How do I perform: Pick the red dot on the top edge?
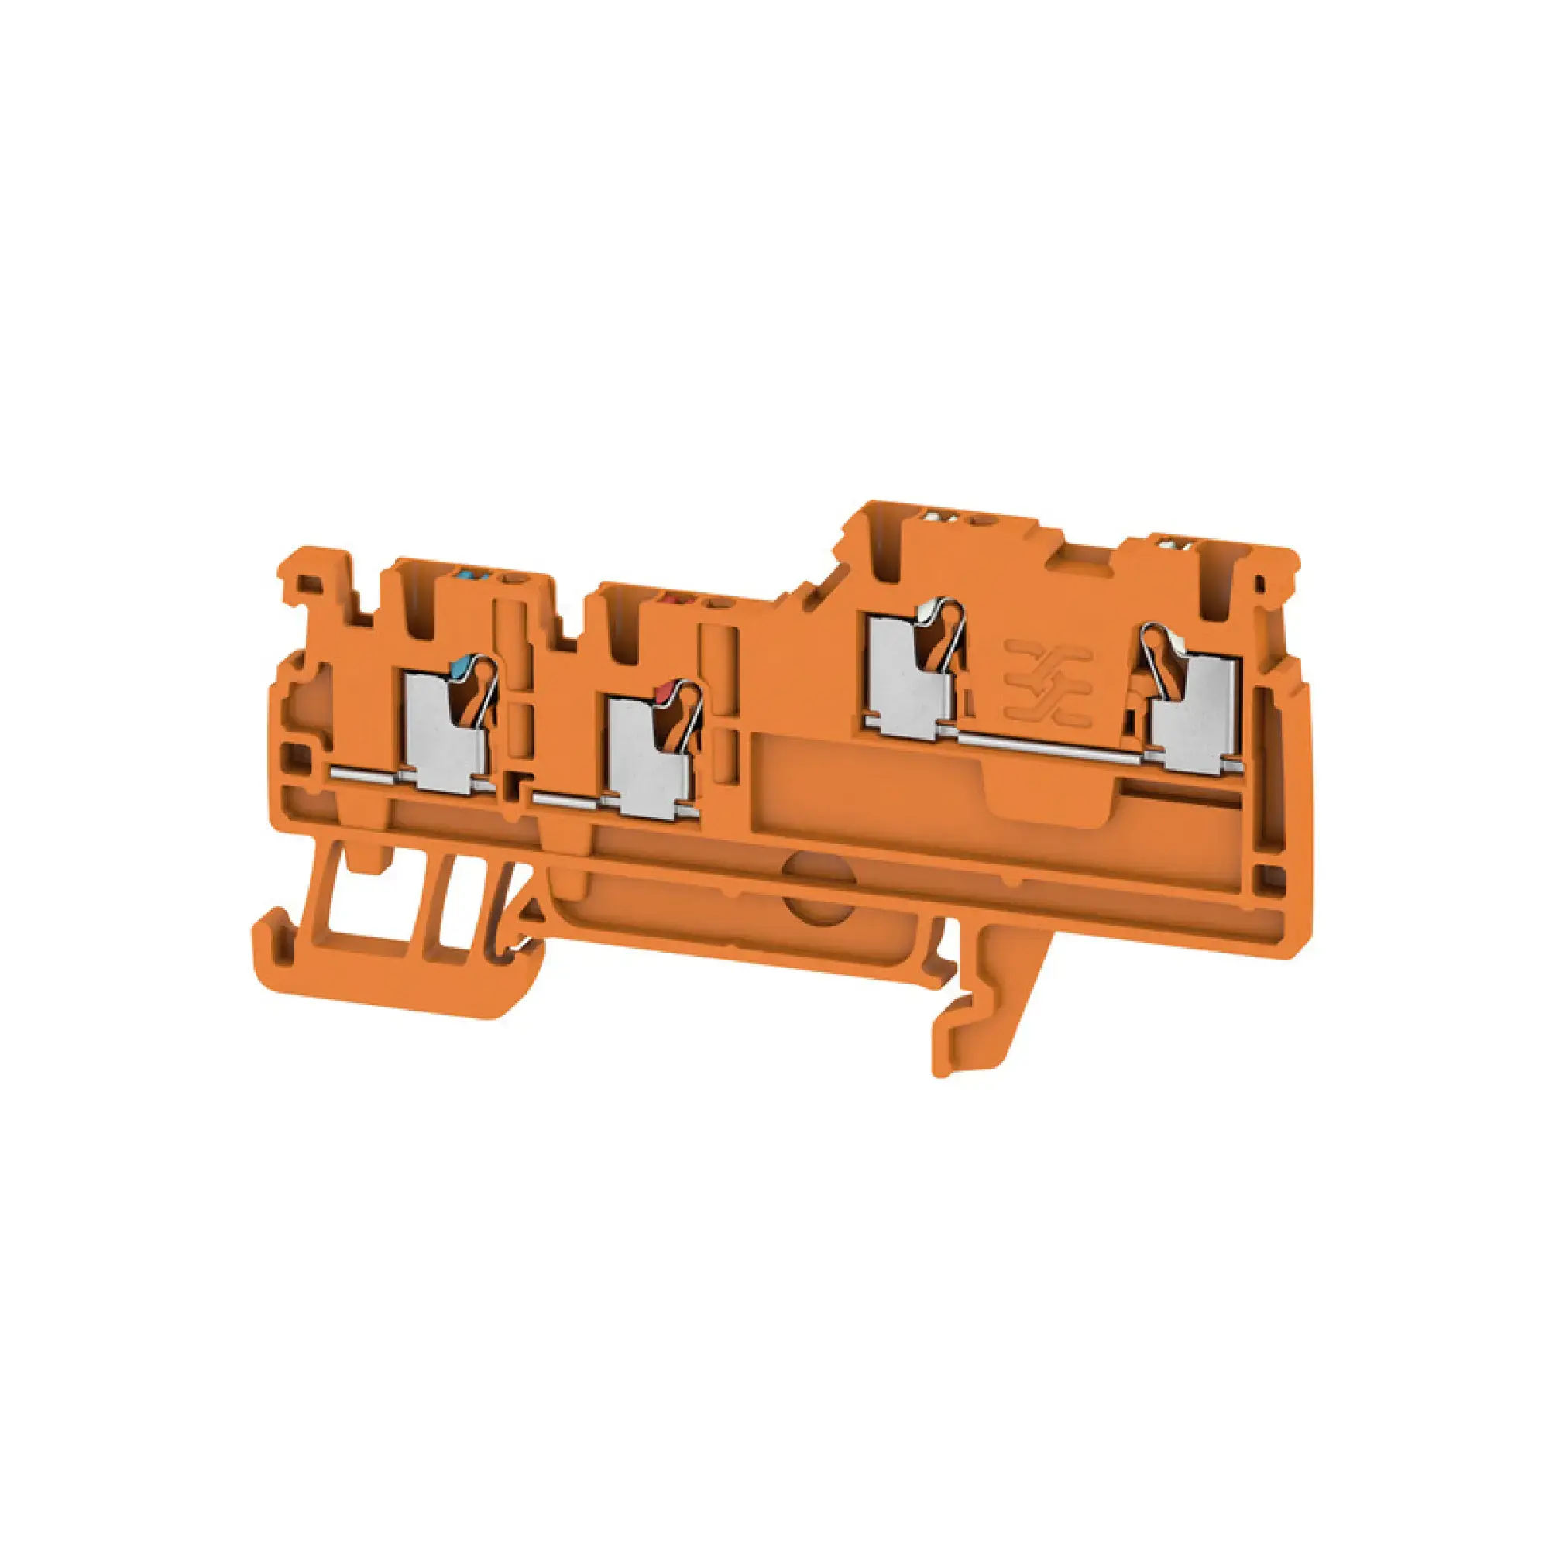pyautogui.click(x=668, y=598)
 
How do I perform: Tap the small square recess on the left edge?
pyautogui.click(x=296, y=753)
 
